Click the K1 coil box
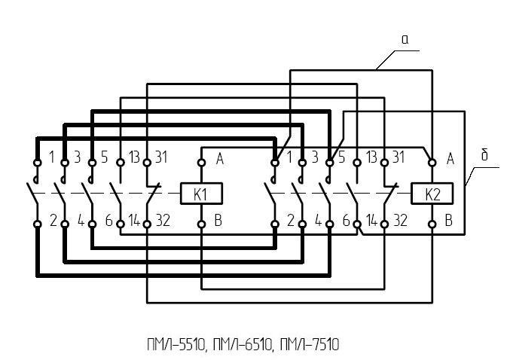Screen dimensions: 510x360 (202, 194)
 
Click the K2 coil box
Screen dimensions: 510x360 (432, 194)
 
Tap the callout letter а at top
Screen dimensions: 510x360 (405, 40)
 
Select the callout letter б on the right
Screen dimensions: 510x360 (484, 155)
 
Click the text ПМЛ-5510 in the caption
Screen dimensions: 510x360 (176, 345)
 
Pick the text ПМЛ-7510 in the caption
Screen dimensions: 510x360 (310, 345)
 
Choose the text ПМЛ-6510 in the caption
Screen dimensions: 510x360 (243, 345)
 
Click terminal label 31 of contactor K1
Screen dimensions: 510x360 (161, 157)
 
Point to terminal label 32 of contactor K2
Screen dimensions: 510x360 (400, 221)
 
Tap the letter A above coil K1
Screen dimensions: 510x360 (220, 159)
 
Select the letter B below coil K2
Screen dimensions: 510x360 (448, 221)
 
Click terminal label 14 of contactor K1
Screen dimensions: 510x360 (134, 221)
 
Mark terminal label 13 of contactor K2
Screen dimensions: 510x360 (371, 157)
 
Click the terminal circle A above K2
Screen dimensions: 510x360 (432, 162)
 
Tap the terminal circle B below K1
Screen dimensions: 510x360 (202, 224)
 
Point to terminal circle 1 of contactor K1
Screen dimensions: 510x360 (38, 162)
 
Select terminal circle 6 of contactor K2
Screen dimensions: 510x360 (357, 224)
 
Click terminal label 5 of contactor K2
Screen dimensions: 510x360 (341, 157)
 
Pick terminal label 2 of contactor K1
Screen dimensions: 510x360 (53, 221)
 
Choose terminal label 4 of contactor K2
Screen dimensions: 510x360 (319, 221)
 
